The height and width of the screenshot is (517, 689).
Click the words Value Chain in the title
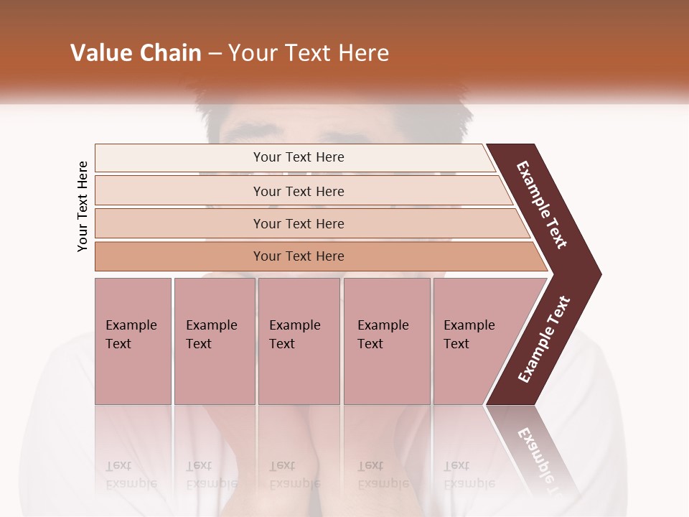136,53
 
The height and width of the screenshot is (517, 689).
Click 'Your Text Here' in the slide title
309,53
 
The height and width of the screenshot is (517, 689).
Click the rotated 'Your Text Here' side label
83,206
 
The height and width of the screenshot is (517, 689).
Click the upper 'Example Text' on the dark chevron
542,205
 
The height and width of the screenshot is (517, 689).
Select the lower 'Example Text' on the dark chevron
544,340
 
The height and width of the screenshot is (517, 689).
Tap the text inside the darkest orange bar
299,256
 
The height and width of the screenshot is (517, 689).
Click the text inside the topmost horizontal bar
299,157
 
